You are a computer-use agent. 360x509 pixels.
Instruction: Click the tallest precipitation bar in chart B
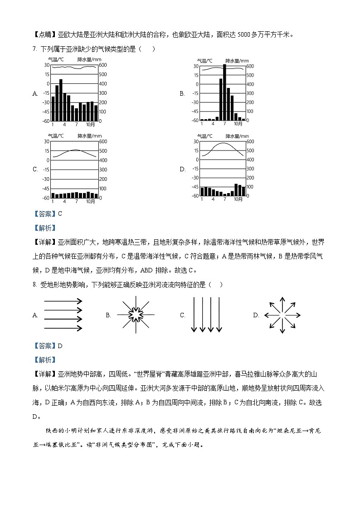pos(224,92)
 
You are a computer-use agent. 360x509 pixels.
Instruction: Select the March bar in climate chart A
pos(61,100)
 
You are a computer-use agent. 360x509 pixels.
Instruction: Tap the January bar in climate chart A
pos(53,109)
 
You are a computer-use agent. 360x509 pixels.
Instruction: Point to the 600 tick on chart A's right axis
pos(102,65)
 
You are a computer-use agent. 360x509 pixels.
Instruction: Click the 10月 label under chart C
pos(91,201)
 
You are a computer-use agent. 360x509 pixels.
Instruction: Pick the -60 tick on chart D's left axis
pos(195,196)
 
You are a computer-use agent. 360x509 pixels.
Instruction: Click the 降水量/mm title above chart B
pos(238,60)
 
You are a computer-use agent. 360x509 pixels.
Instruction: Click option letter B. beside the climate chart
pos(182,94)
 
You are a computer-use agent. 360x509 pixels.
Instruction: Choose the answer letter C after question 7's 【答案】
pos(60,213)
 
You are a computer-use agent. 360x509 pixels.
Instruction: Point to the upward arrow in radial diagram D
pos(282,304)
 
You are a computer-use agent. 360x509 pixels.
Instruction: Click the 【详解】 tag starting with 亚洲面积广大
pos(44,242)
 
